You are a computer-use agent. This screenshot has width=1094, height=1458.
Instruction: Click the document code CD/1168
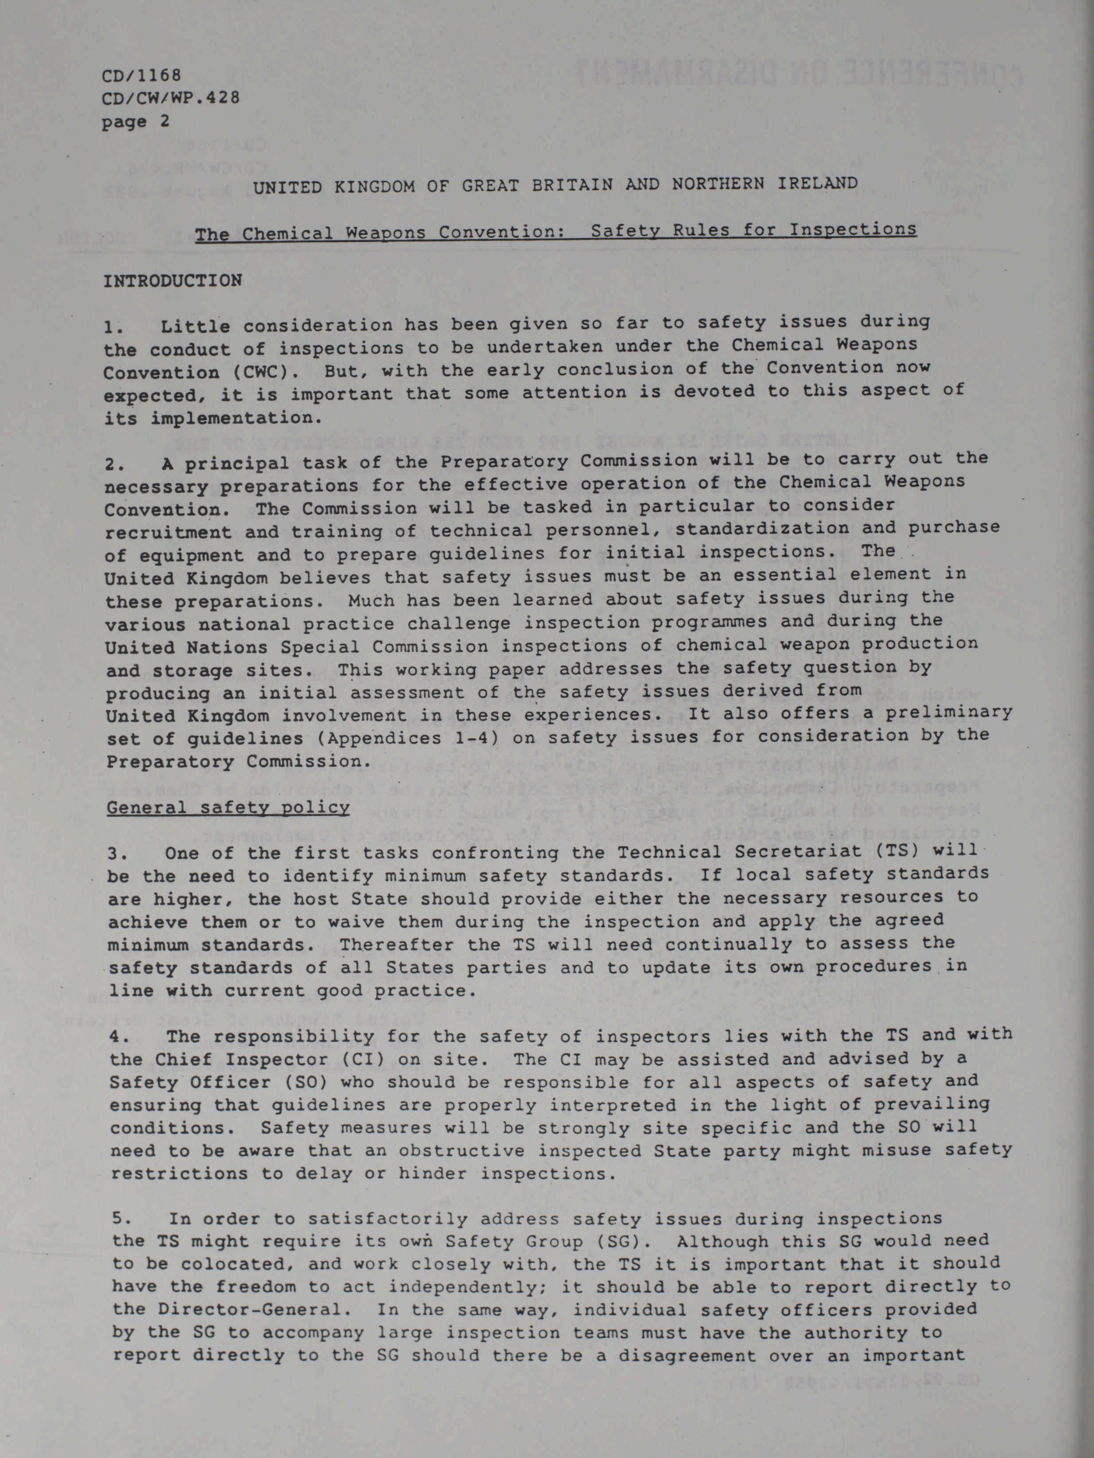click(141, 75)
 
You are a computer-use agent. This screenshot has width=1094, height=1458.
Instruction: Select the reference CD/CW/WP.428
click(171, 98)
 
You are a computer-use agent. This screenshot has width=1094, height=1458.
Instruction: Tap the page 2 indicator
click(136, 121)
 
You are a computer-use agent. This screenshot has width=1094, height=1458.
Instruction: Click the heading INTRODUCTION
click(173, 281)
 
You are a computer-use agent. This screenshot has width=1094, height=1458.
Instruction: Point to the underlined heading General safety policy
click(228, 807)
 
